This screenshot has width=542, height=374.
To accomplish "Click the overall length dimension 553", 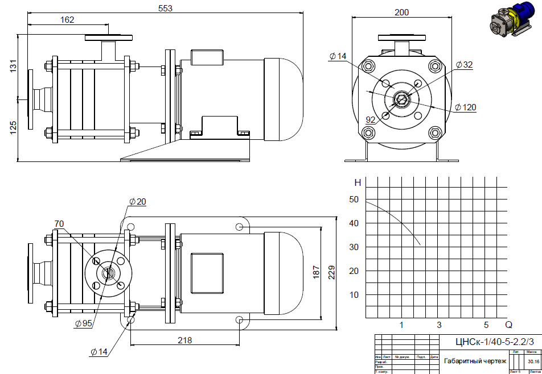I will point(165,9).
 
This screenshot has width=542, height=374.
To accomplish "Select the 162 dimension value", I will point(67,20).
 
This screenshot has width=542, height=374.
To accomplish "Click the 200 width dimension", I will point(402,13).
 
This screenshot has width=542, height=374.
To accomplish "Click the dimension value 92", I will point(371,120).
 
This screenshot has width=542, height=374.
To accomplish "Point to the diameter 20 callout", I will point(138,202).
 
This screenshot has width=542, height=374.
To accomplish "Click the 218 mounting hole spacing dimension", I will point(183,340).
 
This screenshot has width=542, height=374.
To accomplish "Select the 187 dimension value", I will point(317,272).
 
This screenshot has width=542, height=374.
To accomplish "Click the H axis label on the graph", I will point(358,183).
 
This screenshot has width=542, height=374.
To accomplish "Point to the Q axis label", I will point(508,325).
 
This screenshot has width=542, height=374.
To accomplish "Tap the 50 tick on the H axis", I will point(354,200).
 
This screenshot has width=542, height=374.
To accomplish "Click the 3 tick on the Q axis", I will point(439,325).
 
